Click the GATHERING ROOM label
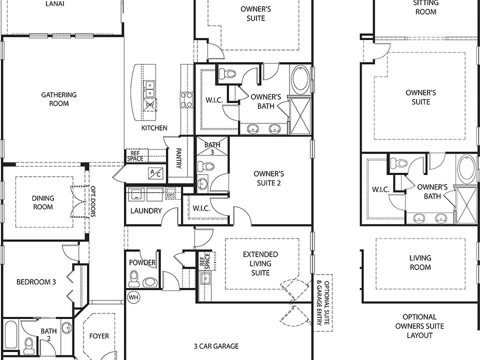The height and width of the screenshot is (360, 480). tap(58, 99)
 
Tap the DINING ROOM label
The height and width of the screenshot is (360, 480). tap(43, 202)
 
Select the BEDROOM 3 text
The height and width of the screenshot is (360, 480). tap(36, 282)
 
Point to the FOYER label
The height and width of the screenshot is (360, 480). tap(99, 336)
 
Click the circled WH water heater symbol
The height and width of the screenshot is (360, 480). tap(133, 297)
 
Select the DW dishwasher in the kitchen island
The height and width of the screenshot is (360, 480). tap(149, 104)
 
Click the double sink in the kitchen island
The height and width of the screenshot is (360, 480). tap(149, 89)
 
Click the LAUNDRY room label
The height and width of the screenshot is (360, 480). tap(146, 210)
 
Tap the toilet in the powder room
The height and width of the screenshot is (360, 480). tap(134, 277)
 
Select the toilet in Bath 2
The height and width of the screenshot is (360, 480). tap(29, 344)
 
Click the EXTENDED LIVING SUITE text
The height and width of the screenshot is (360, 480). tap(260, 263)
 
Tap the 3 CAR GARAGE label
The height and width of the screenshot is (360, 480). tap(216, 346)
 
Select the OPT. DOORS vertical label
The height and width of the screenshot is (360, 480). tap(93, 202)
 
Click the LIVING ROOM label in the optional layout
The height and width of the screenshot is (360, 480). tap(420, 262)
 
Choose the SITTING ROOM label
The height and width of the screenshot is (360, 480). tap(425, 7)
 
